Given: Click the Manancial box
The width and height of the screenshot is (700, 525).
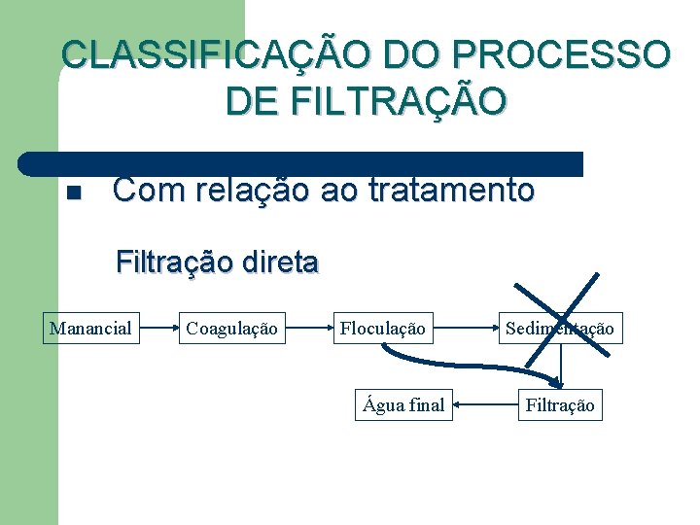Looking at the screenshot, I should (x=90, y=329).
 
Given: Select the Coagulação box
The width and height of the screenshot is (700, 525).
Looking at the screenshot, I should (x=231, y=329).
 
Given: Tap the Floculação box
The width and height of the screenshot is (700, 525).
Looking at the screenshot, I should (x=382, y=329).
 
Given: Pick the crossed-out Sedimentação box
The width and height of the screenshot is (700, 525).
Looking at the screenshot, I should (x=559, y=329).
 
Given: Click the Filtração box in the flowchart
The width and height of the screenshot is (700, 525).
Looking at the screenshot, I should (x=559, y=404).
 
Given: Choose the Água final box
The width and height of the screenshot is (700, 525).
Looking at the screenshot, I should (x=403, y=404).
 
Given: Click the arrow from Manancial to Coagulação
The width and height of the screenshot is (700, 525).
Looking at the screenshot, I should (x=158, y=329).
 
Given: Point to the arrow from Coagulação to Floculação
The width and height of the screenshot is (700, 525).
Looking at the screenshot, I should (x=310, y=329).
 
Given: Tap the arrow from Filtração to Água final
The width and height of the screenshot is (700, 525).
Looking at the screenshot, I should (x=483, y=404).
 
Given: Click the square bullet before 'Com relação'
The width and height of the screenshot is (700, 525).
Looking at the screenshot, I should (x=72, y=192).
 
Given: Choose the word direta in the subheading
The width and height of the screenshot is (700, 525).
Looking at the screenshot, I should (x=279, y=262).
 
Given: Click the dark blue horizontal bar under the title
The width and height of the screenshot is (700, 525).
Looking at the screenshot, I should (x=301, y=162).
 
